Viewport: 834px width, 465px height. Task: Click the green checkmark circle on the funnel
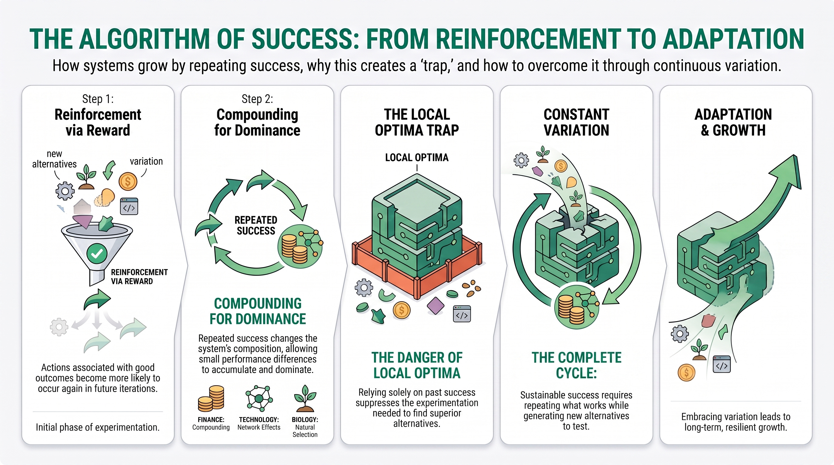[x=97, y=254]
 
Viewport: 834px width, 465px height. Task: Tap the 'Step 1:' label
[x=98, y=99]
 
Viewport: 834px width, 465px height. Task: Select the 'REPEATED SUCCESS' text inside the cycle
[x=256, y=226]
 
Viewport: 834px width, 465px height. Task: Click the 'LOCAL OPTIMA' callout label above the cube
[x=417, y=157]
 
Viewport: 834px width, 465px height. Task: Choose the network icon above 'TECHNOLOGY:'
[x=259, y=398]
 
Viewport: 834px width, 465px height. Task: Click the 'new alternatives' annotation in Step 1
[x=54, y=159]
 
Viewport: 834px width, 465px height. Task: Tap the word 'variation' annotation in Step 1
[x=146, y=161]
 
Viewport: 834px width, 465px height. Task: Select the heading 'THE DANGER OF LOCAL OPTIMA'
[x=417, y=365]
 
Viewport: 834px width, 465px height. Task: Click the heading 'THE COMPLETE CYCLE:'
[x=576, y=365]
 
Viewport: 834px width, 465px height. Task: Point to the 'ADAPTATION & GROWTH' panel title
[x=733, y=122]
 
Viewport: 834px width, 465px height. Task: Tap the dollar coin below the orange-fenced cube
[x=402, y=310]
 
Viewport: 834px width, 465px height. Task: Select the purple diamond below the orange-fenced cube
[x=435, y=305]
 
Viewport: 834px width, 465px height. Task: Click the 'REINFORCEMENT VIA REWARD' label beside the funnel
[x=139, y=276]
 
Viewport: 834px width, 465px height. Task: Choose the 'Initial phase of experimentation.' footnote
[x=98, y=427]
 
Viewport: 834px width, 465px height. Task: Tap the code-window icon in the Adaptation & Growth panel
[x=722, y=364]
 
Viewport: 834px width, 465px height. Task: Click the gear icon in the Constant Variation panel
[x=521, y=160]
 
